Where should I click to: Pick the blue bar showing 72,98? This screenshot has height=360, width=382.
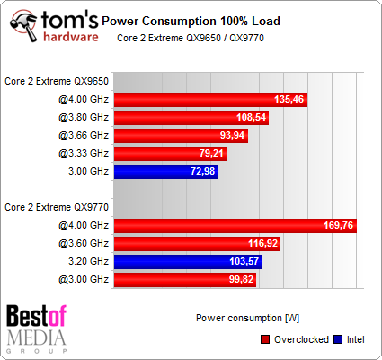click(166, 171)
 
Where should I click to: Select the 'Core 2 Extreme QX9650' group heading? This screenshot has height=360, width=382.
click(57, 81)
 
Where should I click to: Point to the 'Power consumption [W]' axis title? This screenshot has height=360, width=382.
click(235, 317)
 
